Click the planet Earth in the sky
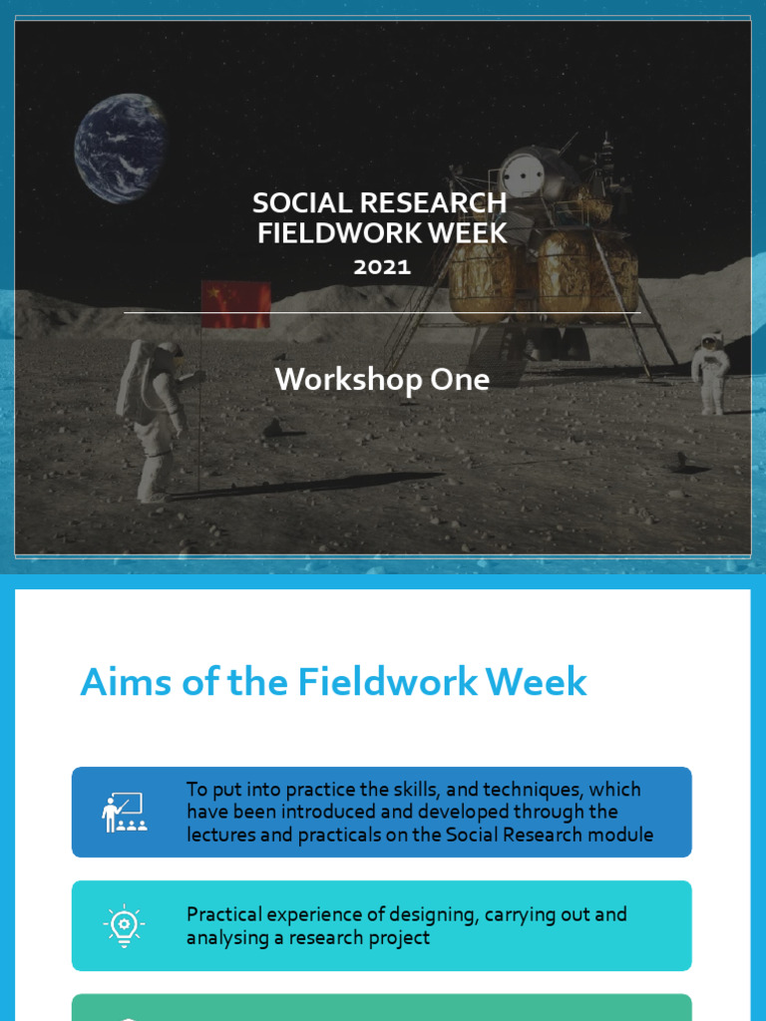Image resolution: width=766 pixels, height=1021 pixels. coord(120,148)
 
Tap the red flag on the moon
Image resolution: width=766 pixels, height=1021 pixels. coord(236,304)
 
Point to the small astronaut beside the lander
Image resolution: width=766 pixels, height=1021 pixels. coord(710,373)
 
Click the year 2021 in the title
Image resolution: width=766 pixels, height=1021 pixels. coord(382,266)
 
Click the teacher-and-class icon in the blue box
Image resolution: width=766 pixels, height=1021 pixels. coord(125,813)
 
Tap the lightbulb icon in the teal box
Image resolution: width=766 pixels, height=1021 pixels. coord(125,925)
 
